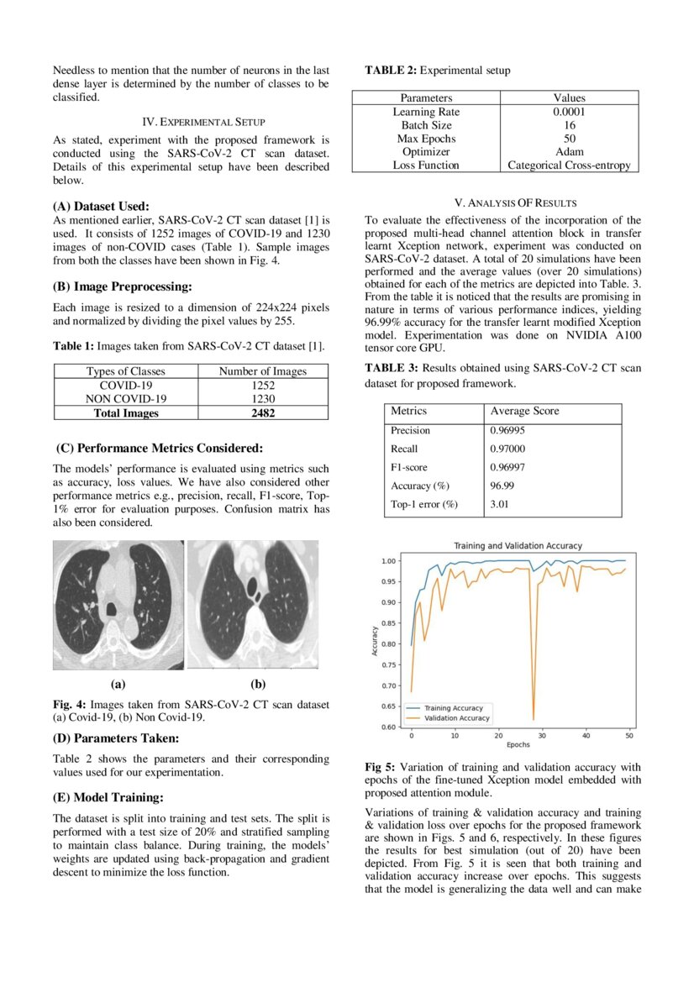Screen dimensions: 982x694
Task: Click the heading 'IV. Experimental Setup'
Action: pyautogui.click(x=191, y=121)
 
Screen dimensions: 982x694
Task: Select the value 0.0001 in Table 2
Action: pyautogui.click(x=569, y=112)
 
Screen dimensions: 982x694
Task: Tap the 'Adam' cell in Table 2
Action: pyautogui.click(x=569, y=152)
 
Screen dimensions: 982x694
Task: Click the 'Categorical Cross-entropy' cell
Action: pyautogui.click(x=569, y=165)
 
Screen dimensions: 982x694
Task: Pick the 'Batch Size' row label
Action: pyautogui.click(x=426, y=125)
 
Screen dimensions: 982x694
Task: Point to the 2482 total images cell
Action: pyautogui.click(x=262, y=412)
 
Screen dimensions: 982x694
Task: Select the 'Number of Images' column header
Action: pyautogui.click(x=262, y=371)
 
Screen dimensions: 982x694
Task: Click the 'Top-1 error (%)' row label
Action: pyautogui.click(x=424, y=504)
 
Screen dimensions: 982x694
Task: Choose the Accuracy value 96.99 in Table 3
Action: pyautogui.click(x=502, y=486)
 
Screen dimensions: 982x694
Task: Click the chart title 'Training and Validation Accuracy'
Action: pyautogui.click(x=518, y=546)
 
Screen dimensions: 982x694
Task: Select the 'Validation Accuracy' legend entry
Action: pyautogui.click(x=456, y=718)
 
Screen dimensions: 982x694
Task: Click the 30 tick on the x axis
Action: pyautogui.click(x=542, y=736)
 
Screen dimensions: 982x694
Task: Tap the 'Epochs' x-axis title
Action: pyautogui.click(x=518, y=745)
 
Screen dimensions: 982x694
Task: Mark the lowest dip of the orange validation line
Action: pyautogui.click(x=534, y=720)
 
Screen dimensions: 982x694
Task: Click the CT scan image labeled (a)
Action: pyautogui.click(x=118, y=605)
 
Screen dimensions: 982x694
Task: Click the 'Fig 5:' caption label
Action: pyautogui.click(x=381, y=767)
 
